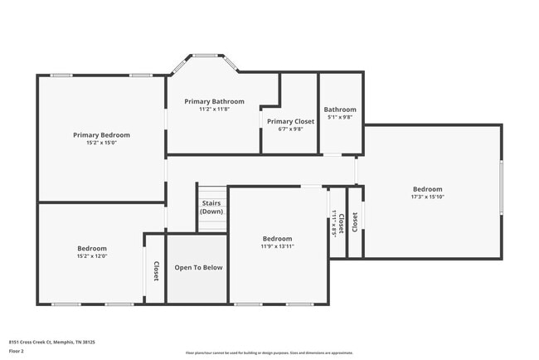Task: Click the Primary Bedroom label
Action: pyautogui.click(x=101, y=134)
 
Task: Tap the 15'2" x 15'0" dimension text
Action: pyautogui.click(x=101, y=143)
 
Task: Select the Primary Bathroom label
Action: pyautogui.click(x=214, y=101)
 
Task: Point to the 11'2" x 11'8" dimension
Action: pyautogui.click(x=214, y=109)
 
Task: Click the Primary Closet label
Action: pyautogui.click(x=290, y=121)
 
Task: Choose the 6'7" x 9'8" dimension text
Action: pyautogui.click(x=290, y=129)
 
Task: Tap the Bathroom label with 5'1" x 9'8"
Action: pyautogui.click(x=340, y=109)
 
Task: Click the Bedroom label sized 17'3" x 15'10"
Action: pyautogui.click(x=428, y=189)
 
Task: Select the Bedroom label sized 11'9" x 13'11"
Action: pyautogui.click(x=278, y=238)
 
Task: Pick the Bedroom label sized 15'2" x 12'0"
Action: pyautogui.click(x=92, y=248)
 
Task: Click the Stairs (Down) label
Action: pyautogui.click(x=211, y=207)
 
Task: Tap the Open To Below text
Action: pyautogui.click(x=198, y=267)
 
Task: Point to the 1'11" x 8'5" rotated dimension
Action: pyautogui.click(x=334, y=222)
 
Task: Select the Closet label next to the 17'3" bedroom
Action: pyautogui.click(x=354, y=221)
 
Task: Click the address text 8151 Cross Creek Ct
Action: pyautogui.click(x=51, y=342)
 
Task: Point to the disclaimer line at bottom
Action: pyautogui.click(x=268, y=353)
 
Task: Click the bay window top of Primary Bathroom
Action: pyautogui.click(x=205, y=56)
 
